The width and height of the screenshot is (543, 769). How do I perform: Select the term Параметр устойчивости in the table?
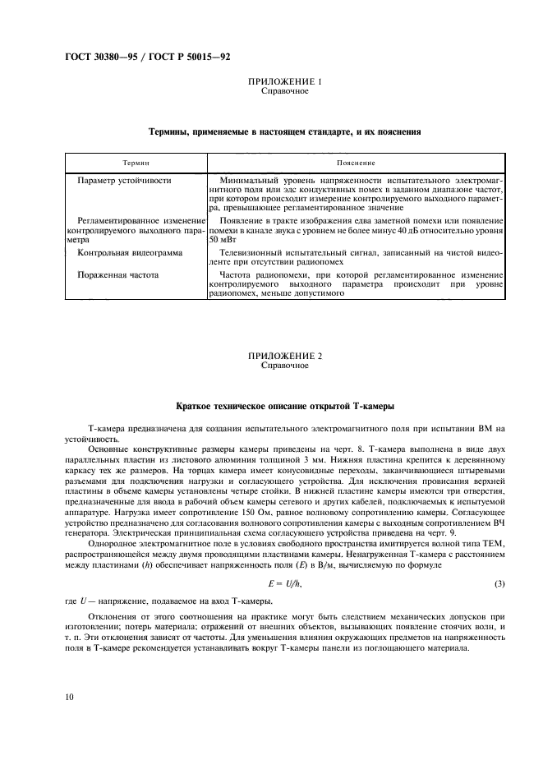pos(123,179)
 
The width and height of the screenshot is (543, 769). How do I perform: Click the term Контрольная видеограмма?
pos(130,255)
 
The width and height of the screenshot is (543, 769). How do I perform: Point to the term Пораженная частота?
pos(118,274)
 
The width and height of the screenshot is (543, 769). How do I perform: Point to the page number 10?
pos(70,697)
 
